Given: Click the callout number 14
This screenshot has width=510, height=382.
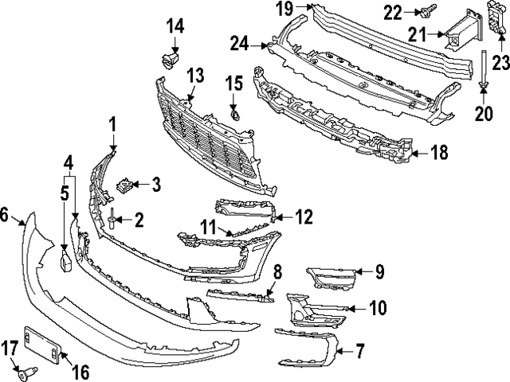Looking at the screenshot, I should point(175,27).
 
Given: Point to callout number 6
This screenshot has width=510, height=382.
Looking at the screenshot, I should point(6,214).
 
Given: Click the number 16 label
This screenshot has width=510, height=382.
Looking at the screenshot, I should point(80,371).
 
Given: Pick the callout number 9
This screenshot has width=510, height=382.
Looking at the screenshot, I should point(379,273).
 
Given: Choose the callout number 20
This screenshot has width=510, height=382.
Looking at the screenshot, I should point(484,114).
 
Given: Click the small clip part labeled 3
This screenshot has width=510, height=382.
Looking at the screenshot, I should point(124,186).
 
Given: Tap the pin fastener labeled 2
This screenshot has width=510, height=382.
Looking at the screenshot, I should point(114,220).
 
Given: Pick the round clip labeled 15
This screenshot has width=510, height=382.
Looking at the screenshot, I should point(233,116).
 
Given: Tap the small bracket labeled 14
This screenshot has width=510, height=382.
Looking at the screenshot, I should point(168,59).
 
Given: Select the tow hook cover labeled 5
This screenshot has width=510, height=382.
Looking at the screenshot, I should point(65,261).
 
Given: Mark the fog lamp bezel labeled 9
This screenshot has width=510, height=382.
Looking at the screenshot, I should point(331,279).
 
